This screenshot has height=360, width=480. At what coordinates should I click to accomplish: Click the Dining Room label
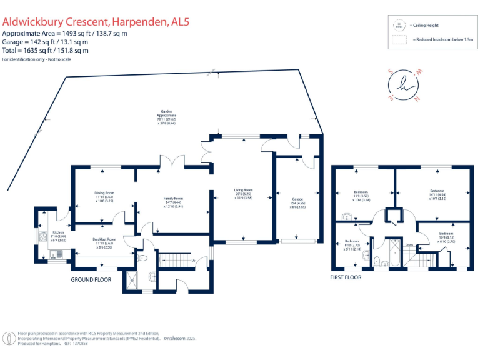[104, 193]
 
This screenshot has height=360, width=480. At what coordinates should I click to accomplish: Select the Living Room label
[243, 189]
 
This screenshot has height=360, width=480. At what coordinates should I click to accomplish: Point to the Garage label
[297, 199]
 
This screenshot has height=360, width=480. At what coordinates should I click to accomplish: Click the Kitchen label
[57, 232]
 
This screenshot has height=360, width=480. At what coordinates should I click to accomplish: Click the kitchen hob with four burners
[43, 237]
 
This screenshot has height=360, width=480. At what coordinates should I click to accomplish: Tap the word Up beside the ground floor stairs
[194, 260]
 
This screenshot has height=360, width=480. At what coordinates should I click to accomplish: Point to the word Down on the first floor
[409, 244]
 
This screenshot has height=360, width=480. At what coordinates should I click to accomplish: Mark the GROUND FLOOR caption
[91, 279]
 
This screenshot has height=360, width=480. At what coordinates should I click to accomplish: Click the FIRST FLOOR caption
[346, 276]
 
